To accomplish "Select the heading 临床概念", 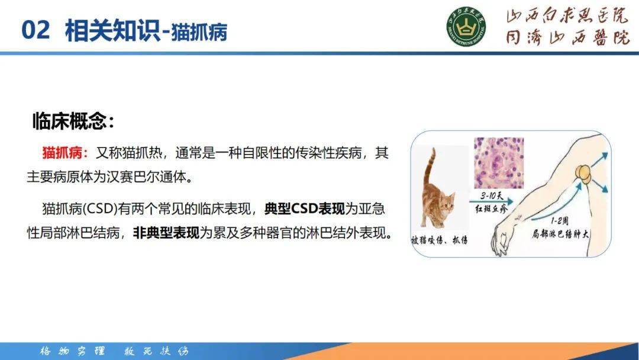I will coord(72,121).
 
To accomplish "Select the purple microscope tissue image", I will coord(499,162).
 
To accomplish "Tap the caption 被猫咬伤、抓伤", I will coord(439,240).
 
